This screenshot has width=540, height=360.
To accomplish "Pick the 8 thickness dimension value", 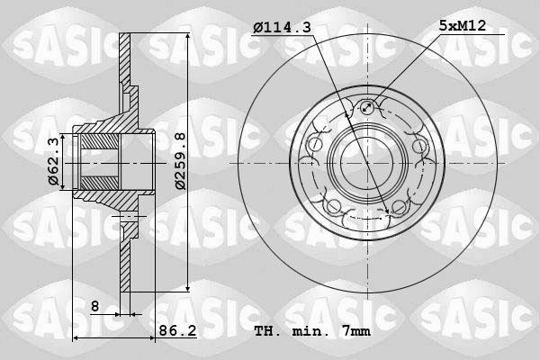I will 94,307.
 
